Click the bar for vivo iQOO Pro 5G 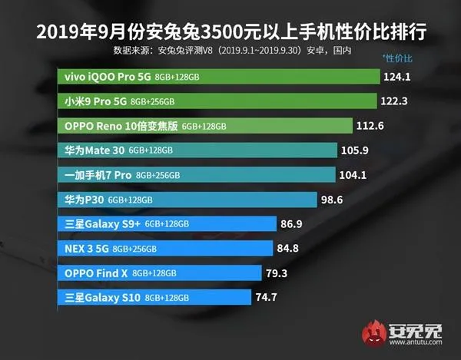[x=219, y=77]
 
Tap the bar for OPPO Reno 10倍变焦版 [x=204, y=126]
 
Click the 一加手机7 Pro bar [x=197, y=174]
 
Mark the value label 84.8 [x=290, y=248]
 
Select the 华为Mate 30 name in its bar [x=96, y=150]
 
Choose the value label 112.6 [x=370, y=126]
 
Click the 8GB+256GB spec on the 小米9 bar [x=153, y=101]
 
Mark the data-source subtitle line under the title [x=230, y=51]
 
